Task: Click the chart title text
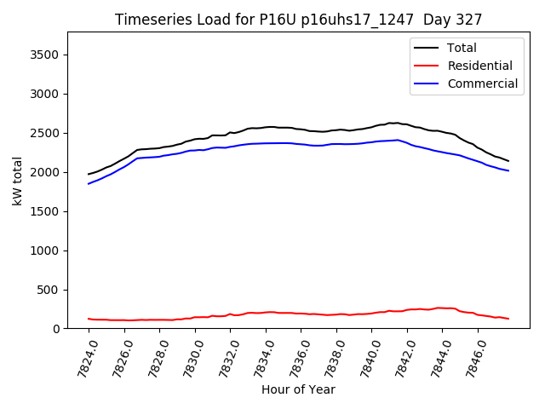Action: click(x=298, y=20)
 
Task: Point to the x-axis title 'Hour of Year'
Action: click(x=298, y=389)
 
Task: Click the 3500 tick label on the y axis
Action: click(x=53, y=55)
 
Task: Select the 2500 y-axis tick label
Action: click(x=53, y=133)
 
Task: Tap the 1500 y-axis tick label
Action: click(x=53, y=211)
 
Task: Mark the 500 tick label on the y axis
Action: click(x=56, y=290)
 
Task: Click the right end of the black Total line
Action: click(x=508, y=161)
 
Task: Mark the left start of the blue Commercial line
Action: click(x=89, y=184)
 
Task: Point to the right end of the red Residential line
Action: click(x=508, y=319)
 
